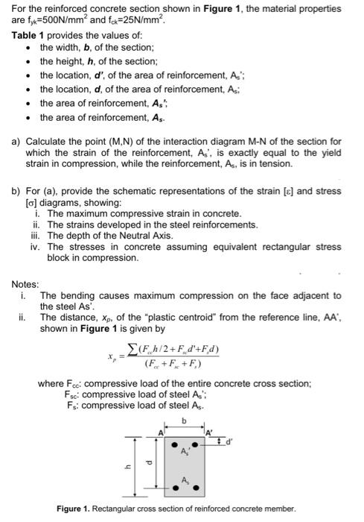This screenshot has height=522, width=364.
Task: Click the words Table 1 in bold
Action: coord(29,35)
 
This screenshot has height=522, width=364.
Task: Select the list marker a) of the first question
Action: coord(16,141)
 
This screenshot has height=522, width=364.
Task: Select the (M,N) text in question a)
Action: coord(122,141)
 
